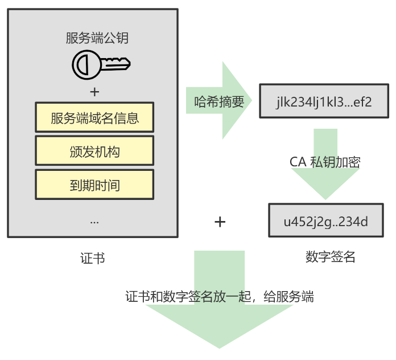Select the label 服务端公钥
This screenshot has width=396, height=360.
pos(97,39)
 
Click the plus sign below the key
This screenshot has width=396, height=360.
pos(94,92)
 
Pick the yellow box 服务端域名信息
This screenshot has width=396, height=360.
pos(94,118)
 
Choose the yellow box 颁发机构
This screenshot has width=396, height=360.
pos(94,152)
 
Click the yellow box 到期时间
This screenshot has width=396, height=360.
pos(94,185)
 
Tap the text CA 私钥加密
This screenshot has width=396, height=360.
pos(325,161)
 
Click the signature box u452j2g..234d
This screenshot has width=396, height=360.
pos(325,221)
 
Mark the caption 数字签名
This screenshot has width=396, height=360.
pos(330,257)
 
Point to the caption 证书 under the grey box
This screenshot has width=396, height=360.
pos(93,257)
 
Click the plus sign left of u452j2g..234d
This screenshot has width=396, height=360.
pos(220,222)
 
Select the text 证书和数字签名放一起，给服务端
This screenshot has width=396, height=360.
pos(220,297)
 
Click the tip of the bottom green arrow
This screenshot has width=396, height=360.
pos(220,347)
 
